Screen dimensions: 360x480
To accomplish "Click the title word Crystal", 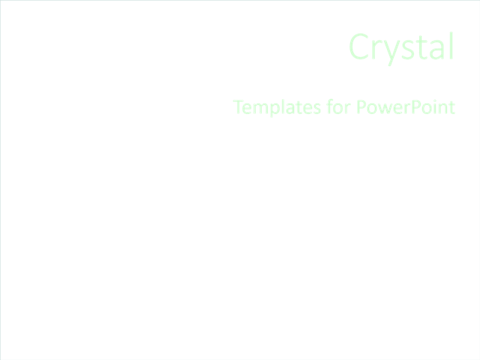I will pos(402,47).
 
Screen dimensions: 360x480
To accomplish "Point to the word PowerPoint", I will pos(405,108).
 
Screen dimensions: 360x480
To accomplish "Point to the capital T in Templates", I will pos(238,108).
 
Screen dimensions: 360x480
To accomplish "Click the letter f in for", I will pos(331,107).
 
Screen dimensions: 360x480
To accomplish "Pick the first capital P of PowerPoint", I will pos(361,108).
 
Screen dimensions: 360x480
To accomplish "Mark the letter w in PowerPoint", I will pos(384,109).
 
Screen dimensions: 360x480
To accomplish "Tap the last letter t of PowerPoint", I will pos(451,109).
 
